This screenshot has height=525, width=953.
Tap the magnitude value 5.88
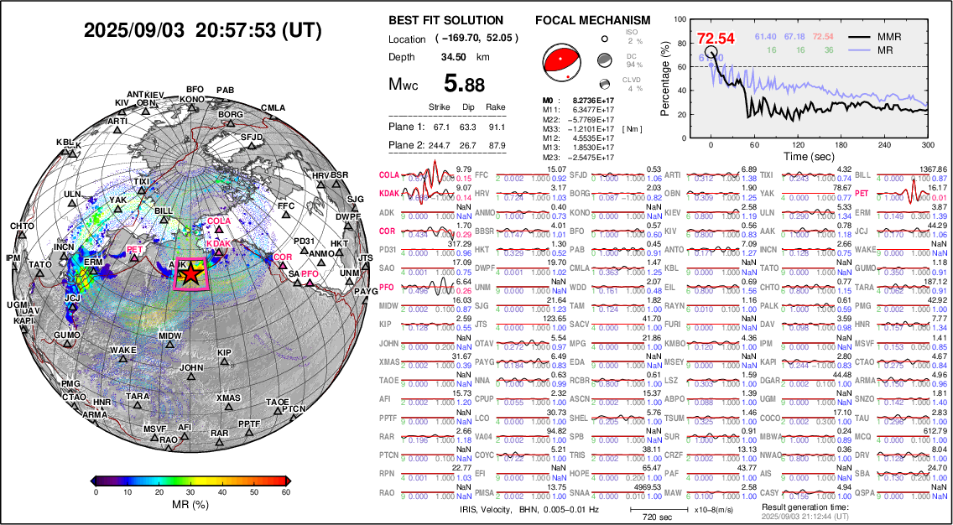[x=464, y=84]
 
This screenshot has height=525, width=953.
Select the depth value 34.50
[x=454, y=57]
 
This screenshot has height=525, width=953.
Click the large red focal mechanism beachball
[x=560, y=60]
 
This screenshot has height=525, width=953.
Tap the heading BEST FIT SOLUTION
[x=446, y=20]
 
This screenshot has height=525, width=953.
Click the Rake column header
[x=496, y=107]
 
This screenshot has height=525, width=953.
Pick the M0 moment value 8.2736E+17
[x=584, y=100]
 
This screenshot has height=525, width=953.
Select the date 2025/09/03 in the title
[x=134, y=31]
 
